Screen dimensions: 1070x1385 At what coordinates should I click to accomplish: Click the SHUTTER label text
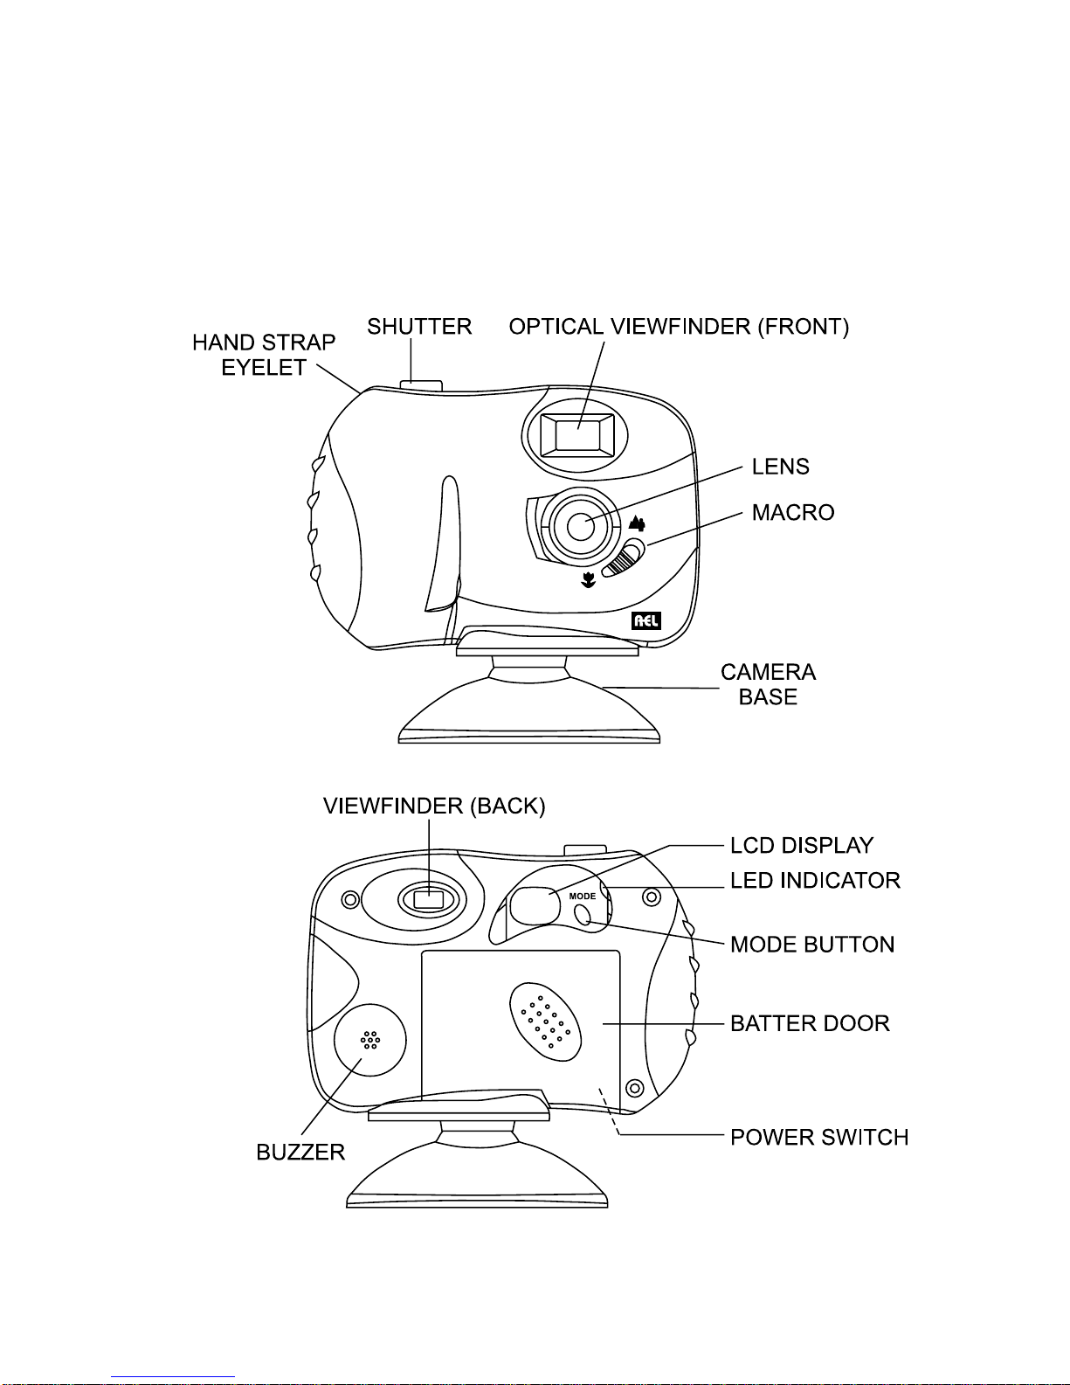tap(419, 326)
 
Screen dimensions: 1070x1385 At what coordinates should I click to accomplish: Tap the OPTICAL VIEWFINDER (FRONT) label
tap(679, 326)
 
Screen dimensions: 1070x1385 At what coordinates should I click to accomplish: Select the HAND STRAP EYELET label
tap(264, 355)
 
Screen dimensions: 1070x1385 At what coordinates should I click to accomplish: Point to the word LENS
tap(780, 467)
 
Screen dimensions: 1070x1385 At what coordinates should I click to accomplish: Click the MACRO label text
tap(793, 512)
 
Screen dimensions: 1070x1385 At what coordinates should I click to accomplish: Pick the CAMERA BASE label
tap(768, 684)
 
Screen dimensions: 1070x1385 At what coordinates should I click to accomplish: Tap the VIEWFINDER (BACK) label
tap(434, 807)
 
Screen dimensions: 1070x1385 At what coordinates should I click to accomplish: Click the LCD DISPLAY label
tap(802, 846)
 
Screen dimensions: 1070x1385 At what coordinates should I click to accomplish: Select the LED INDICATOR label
tap(815, 881)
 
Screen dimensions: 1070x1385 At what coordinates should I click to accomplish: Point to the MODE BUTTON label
tap(812, 945)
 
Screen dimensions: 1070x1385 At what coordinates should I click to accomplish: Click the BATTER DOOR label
tap(810, 1023)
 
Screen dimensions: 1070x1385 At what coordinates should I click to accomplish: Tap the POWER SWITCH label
tap(819, 1138)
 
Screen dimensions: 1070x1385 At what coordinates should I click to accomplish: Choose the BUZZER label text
tap(300, 1153)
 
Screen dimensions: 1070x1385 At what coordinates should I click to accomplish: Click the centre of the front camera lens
tap(580, 526)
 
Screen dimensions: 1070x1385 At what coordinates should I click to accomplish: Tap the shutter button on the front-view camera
tap(421, 384)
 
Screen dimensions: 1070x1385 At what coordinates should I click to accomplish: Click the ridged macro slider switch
tap(624, 558)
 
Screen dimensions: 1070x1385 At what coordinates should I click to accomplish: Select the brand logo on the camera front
tap(646, 620)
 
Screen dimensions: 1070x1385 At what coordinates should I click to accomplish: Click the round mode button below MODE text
tap(583, 915)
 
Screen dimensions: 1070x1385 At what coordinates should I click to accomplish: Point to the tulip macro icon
tap(589, 580)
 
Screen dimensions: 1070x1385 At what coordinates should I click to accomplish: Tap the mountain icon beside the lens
tap(637, 523)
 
